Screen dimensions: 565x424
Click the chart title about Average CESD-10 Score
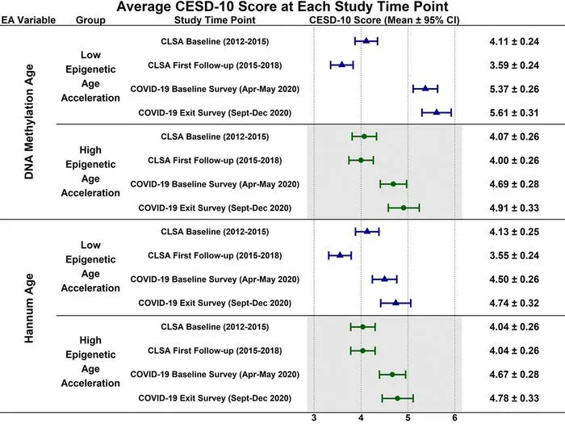click(282, 6)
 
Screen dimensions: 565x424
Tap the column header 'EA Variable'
click(28, 20)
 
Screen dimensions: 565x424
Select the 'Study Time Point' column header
click(215, 20)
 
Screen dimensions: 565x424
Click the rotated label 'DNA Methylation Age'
click(29, 122)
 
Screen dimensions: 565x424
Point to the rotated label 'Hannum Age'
click(29, 308)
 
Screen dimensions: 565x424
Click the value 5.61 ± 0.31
click(514, 113)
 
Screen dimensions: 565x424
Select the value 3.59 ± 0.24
click(514, 65)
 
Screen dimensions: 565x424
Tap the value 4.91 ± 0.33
click(514, 208)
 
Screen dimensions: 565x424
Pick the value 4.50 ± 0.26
click(514, 279)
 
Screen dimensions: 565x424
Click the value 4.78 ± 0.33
click(514, 398)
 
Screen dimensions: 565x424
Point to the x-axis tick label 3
click(314, 418)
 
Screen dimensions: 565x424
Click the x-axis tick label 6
click(454, 418)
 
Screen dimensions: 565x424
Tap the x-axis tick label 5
click(408, 418)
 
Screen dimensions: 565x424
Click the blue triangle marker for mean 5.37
click(425, 88)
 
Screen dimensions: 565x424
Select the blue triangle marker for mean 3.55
click(340, 255)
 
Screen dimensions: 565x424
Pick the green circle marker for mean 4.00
click(361, 160)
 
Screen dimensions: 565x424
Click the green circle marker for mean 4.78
click(397, 398)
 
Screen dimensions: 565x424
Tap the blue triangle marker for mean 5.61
click(437, 112)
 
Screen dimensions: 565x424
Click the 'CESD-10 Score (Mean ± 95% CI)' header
click(384, 20)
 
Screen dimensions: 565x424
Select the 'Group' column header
click(90, 20)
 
